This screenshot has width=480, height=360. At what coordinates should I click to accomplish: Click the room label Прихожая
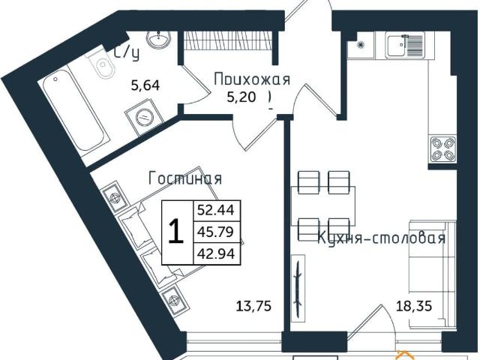(250, 78)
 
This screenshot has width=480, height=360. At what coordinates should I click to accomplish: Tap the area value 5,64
(145, 86)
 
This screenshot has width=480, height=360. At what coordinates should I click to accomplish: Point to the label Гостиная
(185, 178)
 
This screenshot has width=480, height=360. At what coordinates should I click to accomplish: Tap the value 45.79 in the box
(215, 232)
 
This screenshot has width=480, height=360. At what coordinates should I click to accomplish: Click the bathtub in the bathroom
(75, 112)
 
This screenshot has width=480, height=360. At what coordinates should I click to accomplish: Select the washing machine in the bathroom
(145, 117)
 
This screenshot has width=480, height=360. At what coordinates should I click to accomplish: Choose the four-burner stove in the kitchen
(441, 149)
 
